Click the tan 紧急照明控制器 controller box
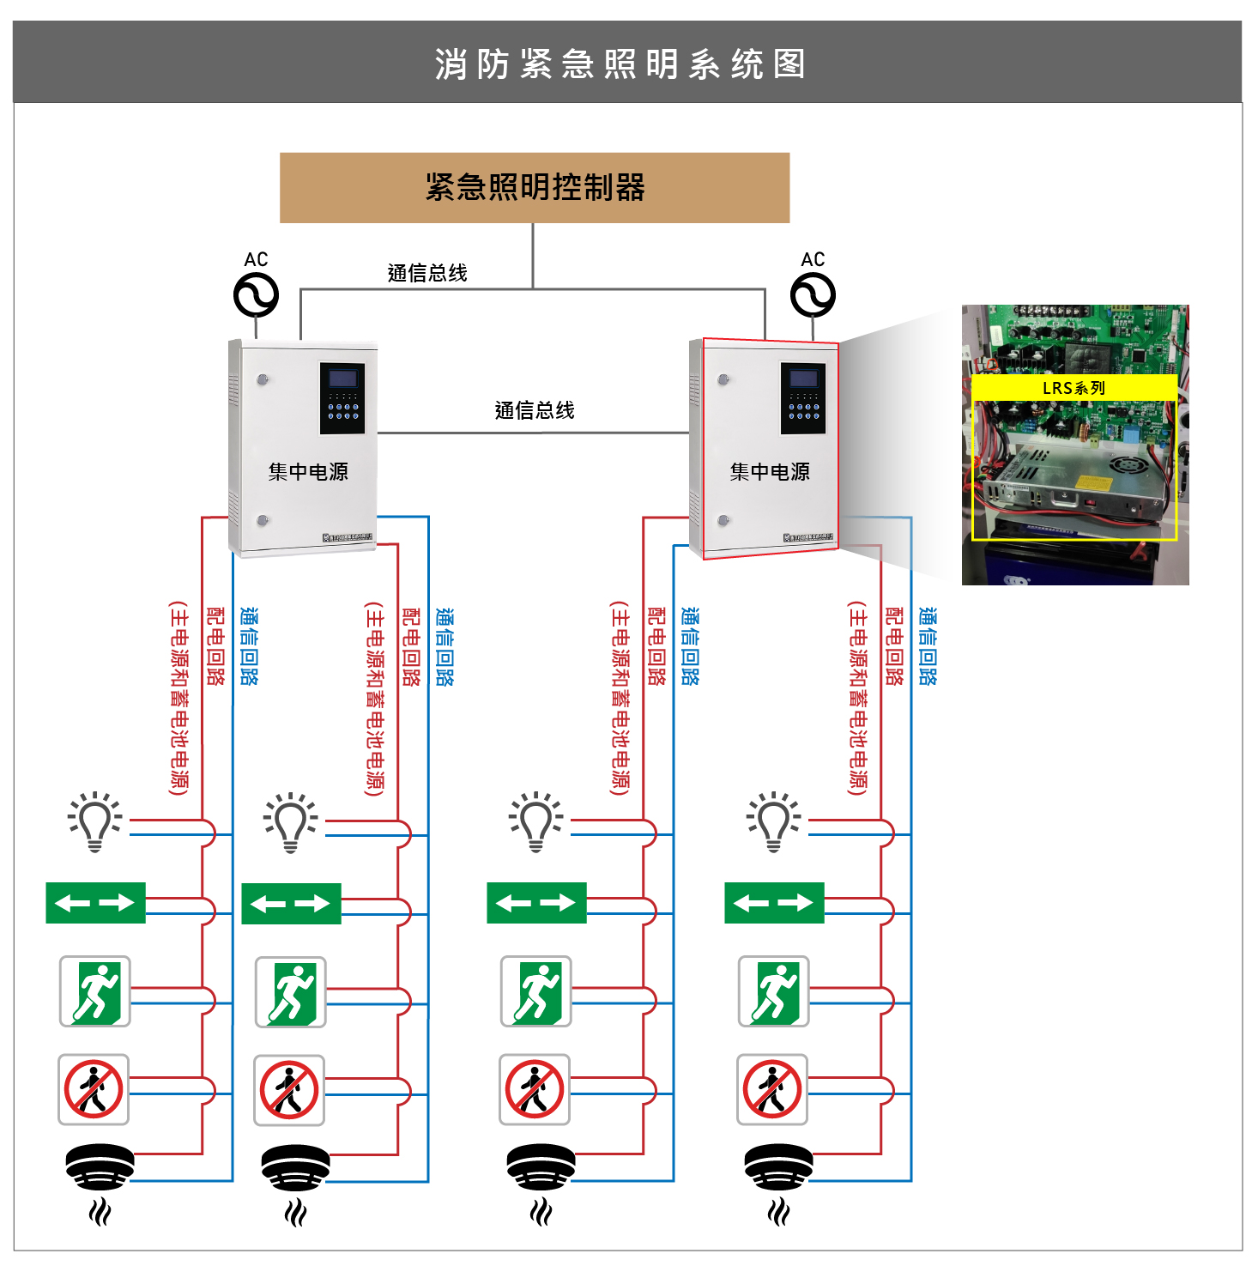coord(534,187)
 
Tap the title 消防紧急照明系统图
coord(620,64)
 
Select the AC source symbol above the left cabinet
coord(256,295)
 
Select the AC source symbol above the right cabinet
coord(813,295)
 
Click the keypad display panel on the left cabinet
coord(342,397)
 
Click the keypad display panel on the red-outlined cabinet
coord(803,397)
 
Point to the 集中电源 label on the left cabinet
coord(308,471)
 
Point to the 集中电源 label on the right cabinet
coord(770,471)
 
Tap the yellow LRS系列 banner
coord(1074,388)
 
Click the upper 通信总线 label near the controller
coord(427,273)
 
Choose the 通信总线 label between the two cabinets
coord(535,410)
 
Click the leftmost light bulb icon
coord(94,821)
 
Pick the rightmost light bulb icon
coord(773,821)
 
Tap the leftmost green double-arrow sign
coord(95,903)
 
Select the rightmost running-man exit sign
coord(773,991)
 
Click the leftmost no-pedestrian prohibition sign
coord(94,1089)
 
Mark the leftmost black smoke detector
coord(100,1166)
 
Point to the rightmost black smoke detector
coord(778,1166)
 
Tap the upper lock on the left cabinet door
coord(263,379)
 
